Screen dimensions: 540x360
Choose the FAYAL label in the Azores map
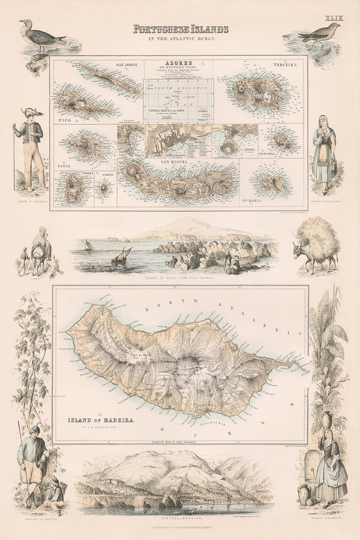(x=65, y=165)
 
